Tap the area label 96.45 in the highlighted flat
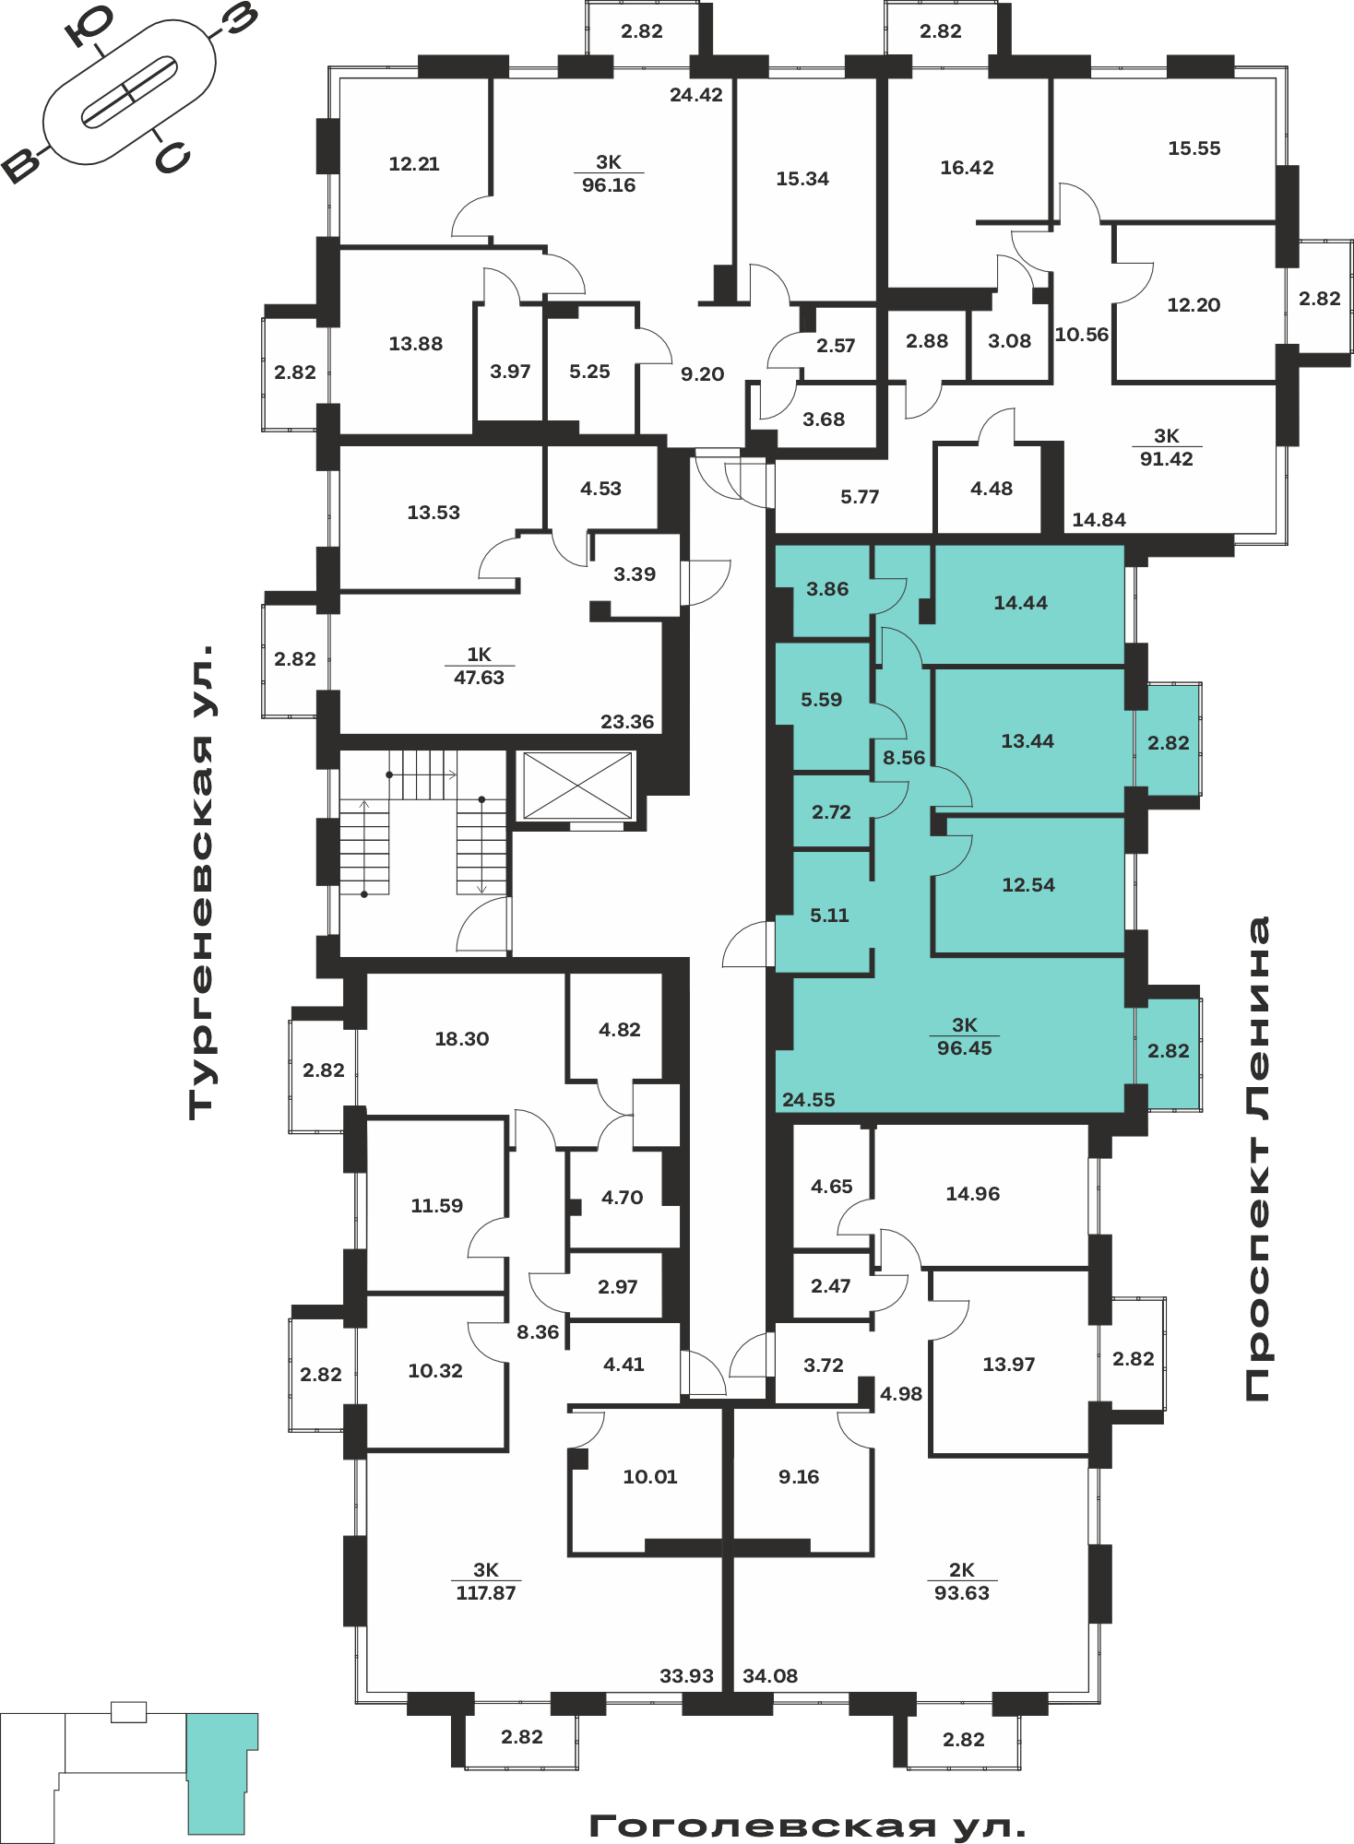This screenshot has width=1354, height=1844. pyautogui.click(x=964, y=1048)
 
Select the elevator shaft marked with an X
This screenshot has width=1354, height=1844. pyautogui.click(x=577, y=786)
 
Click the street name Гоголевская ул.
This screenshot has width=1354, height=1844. pyautogui.click(x=807, y=1826)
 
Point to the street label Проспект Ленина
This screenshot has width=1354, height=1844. pyautogui.click(x=1256, y=1159)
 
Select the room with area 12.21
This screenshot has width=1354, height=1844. pyautogui.click(x=413, y=162)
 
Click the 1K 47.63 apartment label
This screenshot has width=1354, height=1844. pyautogui.click(x=479, y=666)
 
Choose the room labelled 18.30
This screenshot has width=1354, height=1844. pyautogui.click(x=461, y=1039)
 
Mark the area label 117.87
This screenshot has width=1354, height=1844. pyautogui.click(x=486, y=1592)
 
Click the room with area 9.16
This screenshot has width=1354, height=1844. pyautogui.click(x=799, y=1477)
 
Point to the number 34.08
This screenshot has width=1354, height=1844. pyautogui.click(x=770, y=1675)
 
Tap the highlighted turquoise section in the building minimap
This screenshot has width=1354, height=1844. pyautogui.click(x=220, y=1773)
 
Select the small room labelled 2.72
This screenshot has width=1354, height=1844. pyautogui.click(x=831, y=812)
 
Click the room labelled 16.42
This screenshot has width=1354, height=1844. pyautogui.click(x=967, y=168)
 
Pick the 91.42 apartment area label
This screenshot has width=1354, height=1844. pyautogui.click(x=1166, y=459)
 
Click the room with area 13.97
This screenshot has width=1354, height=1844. pyautogui.click(x=1009, y=1364)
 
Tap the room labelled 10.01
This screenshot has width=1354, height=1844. pyautogui.click(x=649, y=1477)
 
